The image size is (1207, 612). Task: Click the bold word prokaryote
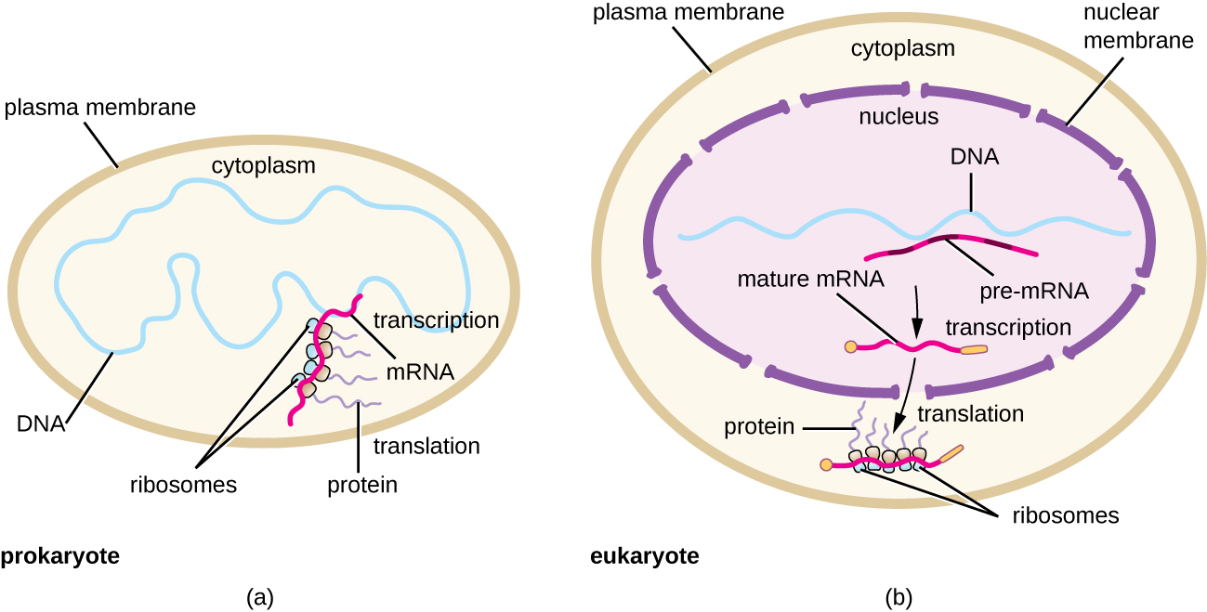point(60,557)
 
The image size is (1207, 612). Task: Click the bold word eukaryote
point(645,557)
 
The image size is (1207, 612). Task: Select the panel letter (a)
point(259,597)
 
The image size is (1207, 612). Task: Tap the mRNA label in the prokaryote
point(419,372)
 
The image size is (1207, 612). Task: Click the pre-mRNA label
point(1034,291)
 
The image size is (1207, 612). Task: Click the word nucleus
point(899,117)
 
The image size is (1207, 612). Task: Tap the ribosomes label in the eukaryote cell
point(1065,514)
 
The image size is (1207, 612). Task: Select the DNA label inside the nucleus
point(973,157)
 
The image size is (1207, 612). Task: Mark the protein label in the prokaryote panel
point(361,484)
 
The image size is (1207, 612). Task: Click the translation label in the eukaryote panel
point(970,414)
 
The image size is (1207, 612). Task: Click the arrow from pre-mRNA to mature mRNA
point(917,313)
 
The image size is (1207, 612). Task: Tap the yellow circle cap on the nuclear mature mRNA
point(850,347)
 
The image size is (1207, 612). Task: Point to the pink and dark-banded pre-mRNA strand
point(951,243)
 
